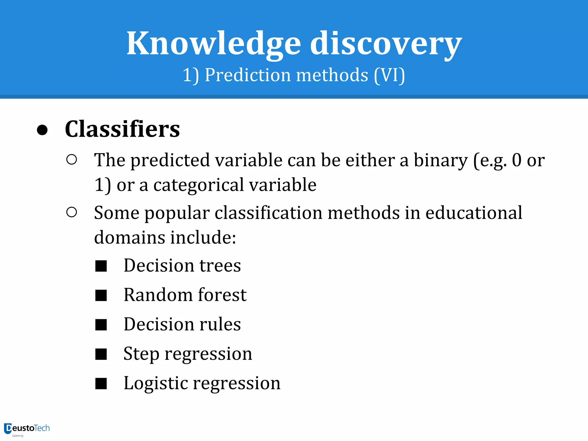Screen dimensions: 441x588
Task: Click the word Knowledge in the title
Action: [214, 44]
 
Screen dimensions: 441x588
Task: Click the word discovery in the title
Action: [386, 44]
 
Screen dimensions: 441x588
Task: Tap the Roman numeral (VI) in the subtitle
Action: [389, 75]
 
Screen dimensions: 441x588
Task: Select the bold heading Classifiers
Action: [122, 129]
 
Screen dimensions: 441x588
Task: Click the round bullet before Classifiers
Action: [42, 130]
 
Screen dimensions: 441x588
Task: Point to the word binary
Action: [440, 160]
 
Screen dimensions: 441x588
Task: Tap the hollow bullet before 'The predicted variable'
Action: [71, 160]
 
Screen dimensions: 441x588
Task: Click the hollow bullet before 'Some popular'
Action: [71, 212]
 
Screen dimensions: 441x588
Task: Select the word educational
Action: [474, 213]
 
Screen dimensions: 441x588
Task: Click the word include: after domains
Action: [203, 238]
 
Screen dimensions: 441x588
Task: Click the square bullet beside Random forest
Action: [101, 295]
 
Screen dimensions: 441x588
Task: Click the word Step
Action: [141, 354]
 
